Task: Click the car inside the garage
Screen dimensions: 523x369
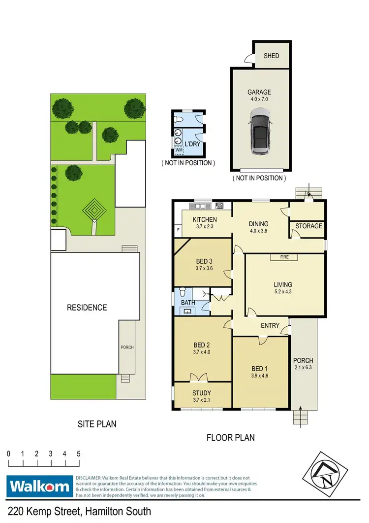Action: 259,132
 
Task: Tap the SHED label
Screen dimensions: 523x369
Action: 272,56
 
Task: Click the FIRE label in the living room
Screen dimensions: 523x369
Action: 284,257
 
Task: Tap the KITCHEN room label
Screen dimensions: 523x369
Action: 205,219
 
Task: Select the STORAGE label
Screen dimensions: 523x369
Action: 309,226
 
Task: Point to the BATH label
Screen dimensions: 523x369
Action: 188,303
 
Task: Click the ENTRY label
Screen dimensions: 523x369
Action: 270,326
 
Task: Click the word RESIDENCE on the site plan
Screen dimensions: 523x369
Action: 87,308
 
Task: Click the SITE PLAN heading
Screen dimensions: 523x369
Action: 96,423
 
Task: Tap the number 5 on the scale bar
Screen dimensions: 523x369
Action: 78,453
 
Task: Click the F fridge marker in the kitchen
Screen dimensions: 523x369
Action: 178,230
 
